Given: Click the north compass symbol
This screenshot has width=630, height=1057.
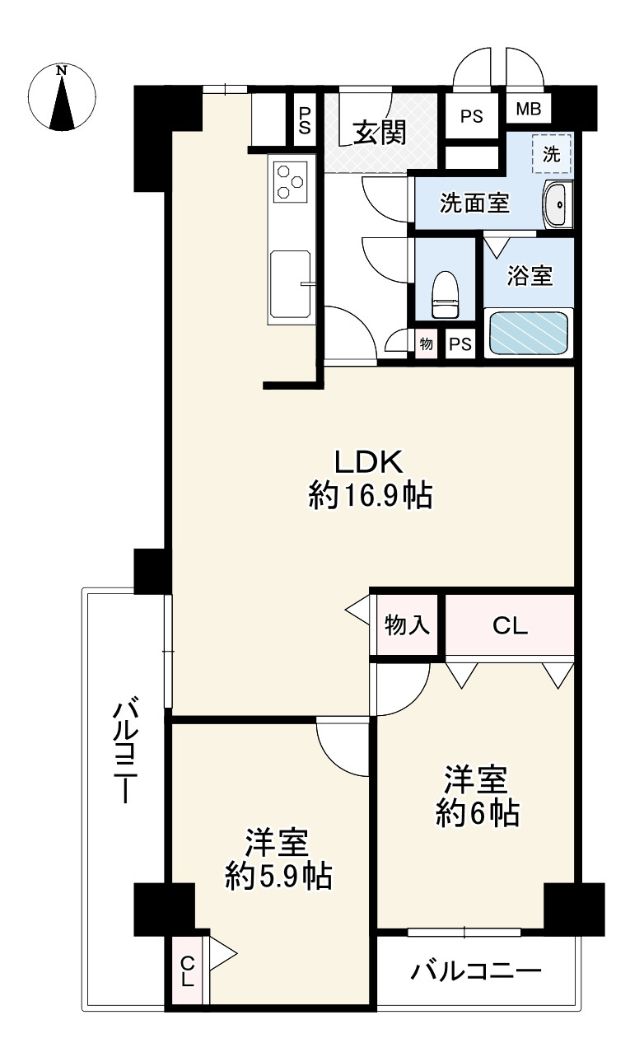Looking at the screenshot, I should click(x=62, y=97).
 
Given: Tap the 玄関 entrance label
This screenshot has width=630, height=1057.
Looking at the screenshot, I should click(x=380, y=133).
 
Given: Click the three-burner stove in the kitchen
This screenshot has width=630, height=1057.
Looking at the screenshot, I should click(x=291, y=181).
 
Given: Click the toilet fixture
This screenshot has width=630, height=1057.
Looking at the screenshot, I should click(x=446, y=294).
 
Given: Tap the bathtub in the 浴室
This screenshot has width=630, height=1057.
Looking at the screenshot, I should click(x=529, y=332).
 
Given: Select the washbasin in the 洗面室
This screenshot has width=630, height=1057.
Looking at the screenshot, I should click(x=558, y=203).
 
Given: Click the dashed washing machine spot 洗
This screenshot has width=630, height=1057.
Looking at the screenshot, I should click(x=551, y=152).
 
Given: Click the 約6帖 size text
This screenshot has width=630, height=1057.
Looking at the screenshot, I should click(x=477, y=814).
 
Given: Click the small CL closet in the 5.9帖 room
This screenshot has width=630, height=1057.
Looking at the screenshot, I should click(x=187, y=971).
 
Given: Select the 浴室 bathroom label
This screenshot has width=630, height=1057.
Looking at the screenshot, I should click(x=529, y=276).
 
